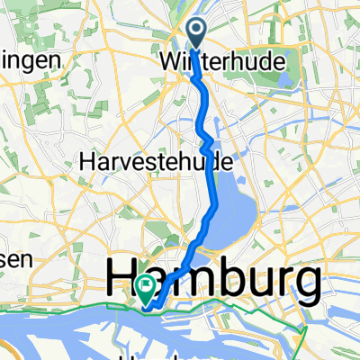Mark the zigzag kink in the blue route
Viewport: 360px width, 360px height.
(208, 141)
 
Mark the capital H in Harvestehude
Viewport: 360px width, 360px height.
(87, 163)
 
